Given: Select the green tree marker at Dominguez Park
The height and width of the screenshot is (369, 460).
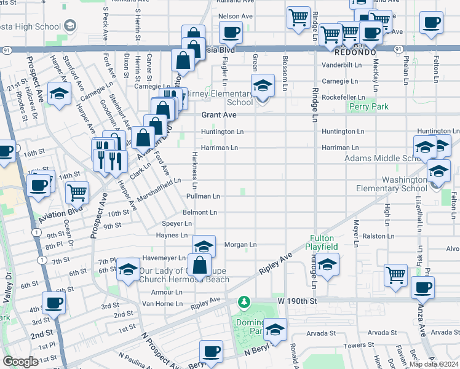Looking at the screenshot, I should pos(245,301).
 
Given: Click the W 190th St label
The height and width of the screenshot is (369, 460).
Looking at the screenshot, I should pos(296,301).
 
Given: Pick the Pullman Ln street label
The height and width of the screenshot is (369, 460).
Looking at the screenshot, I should pos(203,196).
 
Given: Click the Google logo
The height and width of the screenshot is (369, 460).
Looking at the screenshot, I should pos(20,362).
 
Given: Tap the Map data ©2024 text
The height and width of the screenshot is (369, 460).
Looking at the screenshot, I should pos(434,364).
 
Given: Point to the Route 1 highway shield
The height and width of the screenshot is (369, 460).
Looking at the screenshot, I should pos(38,232).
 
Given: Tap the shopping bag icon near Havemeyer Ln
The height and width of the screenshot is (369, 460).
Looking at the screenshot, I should pos(200,266).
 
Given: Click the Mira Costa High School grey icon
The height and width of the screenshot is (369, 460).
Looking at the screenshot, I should pos(69,25).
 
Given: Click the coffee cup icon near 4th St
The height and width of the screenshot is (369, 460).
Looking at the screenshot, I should pos(54,303).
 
